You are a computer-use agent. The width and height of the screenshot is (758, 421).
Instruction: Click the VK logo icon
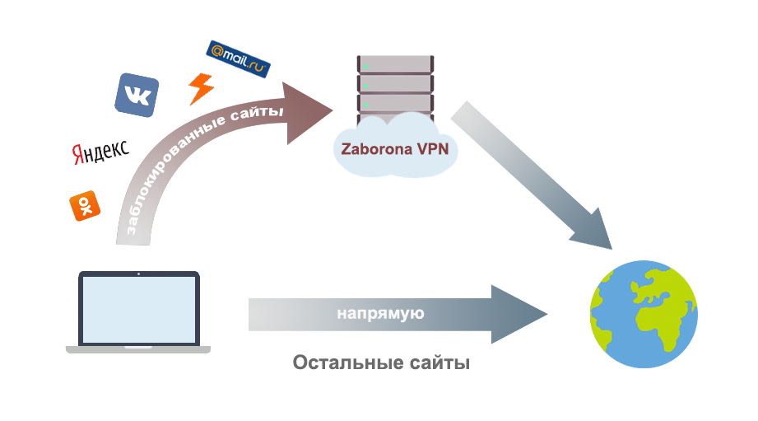(137, 95)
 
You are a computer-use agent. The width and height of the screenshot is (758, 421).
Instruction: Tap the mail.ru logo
(238, 59)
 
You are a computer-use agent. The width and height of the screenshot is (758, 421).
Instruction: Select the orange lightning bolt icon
(201, 89)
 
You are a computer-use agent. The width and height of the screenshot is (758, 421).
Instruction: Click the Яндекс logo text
(101, 152)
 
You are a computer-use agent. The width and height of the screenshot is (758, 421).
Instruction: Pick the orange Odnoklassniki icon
(85, 206)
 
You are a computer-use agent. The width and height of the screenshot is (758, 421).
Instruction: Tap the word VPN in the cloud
(433, 149)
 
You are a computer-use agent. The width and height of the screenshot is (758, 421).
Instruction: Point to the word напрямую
(380, 314)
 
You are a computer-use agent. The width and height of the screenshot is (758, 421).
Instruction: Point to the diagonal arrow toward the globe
(532, 175)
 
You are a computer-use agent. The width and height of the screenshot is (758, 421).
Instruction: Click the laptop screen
(139, 309)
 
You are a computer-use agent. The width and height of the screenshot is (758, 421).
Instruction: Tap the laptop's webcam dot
(139, 274)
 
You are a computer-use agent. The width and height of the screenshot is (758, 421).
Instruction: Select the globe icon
(644, 314)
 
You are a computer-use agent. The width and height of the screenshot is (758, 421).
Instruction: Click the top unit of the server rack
(395, 64)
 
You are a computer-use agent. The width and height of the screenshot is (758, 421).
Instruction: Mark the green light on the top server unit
(366, 67)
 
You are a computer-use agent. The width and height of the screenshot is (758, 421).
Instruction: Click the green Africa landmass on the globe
(658, 322)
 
